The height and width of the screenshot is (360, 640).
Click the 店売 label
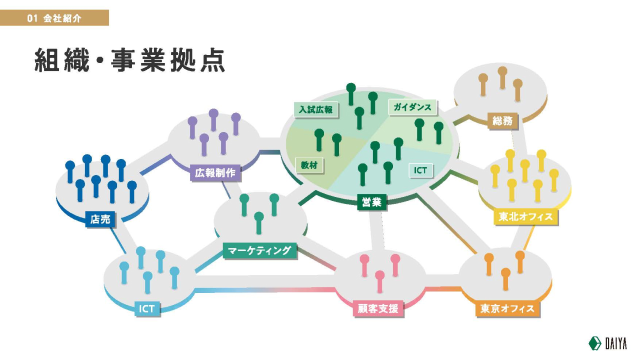point(100,219)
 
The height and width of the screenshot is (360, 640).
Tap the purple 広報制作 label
point(215,172)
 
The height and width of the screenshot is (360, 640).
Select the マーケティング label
point(259,250)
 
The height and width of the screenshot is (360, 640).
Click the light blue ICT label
point(147,308)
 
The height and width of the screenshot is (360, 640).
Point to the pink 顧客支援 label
point(378,308)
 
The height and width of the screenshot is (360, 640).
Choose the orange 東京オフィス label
point(507,308)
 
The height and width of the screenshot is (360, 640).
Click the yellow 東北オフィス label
point(525,216)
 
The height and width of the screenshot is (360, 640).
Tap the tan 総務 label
point(502,121)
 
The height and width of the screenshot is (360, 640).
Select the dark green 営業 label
point(371,202)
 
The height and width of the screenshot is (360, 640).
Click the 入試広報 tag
point(315,109)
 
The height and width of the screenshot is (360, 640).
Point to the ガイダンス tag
point(412,107)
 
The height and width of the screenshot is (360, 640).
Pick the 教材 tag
point(309,165)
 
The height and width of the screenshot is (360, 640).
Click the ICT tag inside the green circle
point(420,170)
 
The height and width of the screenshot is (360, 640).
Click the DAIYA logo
point(607,343)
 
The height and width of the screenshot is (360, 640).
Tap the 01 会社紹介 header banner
point(54,17)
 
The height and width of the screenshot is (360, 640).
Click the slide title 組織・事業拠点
point(129,60)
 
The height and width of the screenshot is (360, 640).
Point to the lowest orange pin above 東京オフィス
point(505,279)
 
